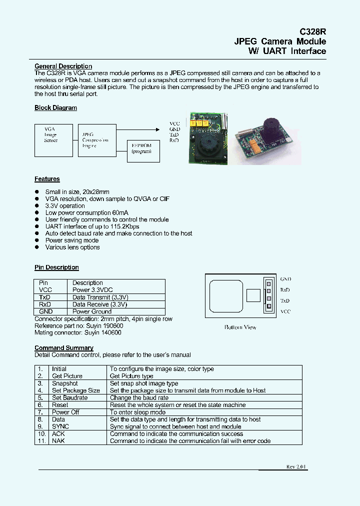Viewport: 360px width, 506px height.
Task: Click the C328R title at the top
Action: pyautogui.click(x=312, y=30)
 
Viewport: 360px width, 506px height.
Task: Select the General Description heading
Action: pyautogui.click(x=63, y=66)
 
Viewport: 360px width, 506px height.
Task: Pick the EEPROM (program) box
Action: pyautogui.click(x=141, y=148)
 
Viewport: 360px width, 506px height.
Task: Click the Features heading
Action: pyautogui.click(x=47, y=179)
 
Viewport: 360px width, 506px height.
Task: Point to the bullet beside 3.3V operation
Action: pyautogui.click(x=37, y=206)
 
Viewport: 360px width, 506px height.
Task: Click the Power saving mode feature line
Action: pyautogui.click(x=71, y=240)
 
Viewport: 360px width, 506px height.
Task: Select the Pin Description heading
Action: pyautogui.click(x=56, y=267)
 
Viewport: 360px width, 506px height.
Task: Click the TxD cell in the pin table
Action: pyautogui.click(x=45, y=297)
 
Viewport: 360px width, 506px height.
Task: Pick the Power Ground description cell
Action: pyautogui.click(x=92, y=311)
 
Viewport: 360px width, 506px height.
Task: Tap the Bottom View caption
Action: pyautogui.click(x=240, y=327)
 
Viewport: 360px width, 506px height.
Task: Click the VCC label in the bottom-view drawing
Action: pyautogui.click(x=285, y=311)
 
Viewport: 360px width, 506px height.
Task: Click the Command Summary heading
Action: pyautogui.click(x=63, y=348)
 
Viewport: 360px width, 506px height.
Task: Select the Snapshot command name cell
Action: pyautogui.click(x=65, y=383)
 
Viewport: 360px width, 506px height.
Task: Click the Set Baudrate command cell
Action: pyautogui.click(x=69, y=398)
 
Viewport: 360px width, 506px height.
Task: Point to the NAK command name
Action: pyautogui.click(x=58, y=441)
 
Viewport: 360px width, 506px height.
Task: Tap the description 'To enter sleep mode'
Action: pyautogui.click(x=137, y=412)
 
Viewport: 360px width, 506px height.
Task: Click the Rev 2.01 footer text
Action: pyautogui.click(x=296, y=466)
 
